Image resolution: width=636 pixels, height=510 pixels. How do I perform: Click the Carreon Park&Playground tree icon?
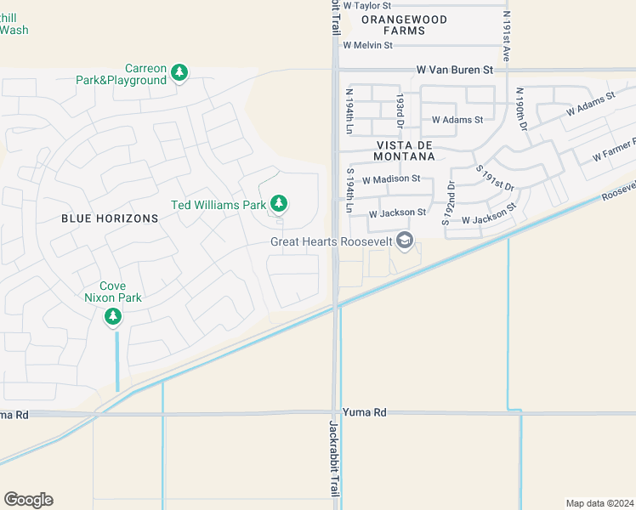click(179, 73)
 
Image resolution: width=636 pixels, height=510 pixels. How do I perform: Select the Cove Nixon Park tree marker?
click(113, 317)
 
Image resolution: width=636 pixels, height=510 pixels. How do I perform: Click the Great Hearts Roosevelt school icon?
click(405, 241)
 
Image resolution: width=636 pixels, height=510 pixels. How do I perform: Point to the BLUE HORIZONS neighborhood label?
click(110, 218)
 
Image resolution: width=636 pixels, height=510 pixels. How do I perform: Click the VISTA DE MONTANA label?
click(405, 150)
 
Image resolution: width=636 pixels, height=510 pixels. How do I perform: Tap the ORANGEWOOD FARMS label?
click(405, 24)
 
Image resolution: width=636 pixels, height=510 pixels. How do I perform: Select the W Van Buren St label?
click(455, 71)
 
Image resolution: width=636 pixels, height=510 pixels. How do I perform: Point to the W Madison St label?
click(391, 179)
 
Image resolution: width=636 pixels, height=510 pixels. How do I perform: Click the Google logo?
click(28, 500)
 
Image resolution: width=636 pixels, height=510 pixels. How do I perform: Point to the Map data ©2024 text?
click(599, 503)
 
